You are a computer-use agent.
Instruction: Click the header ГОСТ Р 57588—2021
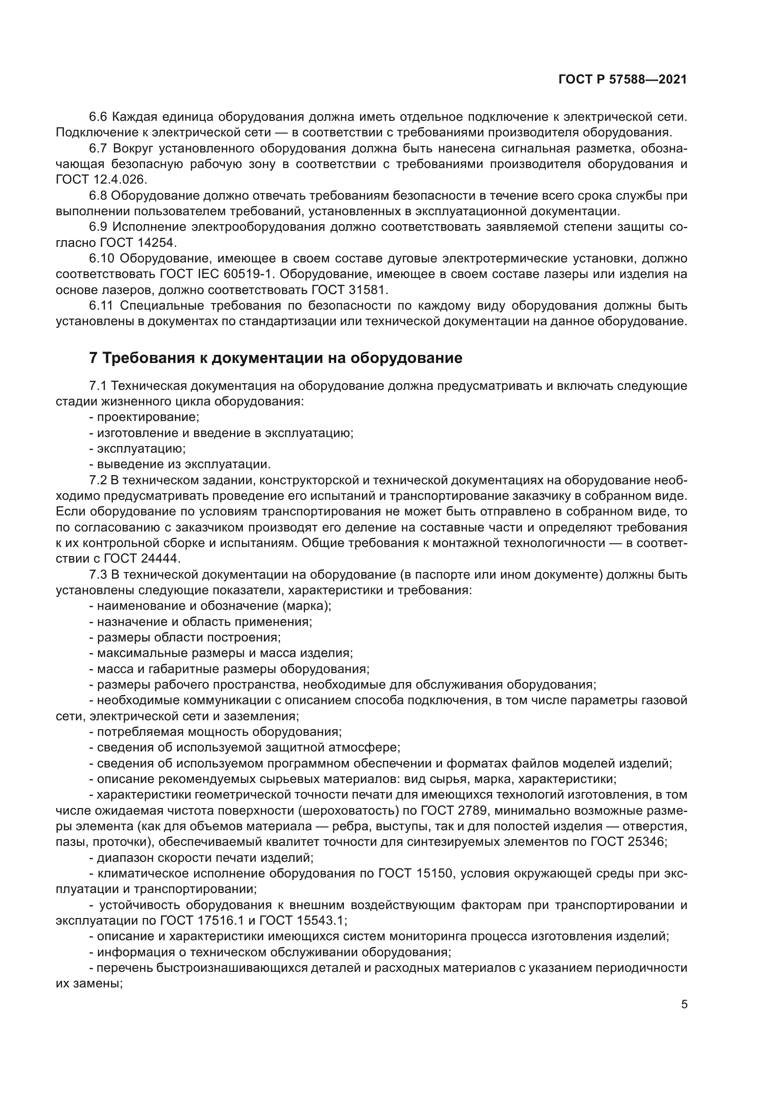point(622,80)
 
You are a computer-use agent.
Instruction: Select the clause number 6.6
point(100,117)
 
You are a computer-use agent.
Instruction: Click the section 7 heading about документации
point(276,358)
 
